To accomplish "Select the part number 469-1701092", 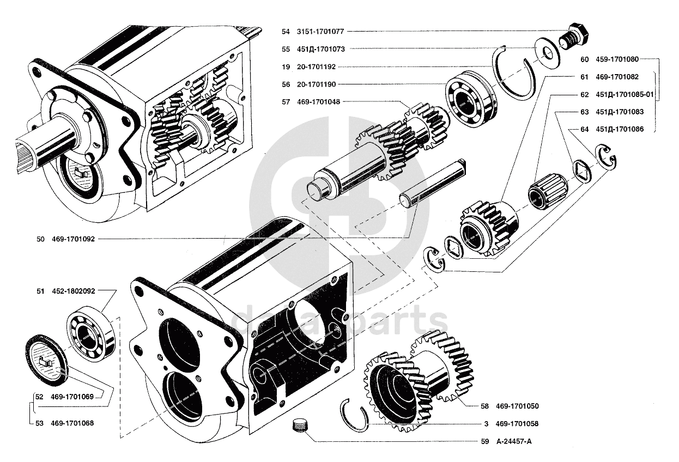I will click(x=73, y=239).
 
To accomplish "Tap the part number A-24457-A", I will click(x=513, y=441).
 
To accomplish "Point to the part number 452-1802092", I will click(x=73, y=291).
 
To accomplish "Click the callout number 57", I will click(x=286, y=102).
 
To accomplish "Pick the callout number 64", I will click(x=585, y=129).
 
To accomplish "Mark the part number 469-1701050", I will click(x=517, y=406).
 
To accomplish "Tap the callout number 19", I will click(x=286, y=67).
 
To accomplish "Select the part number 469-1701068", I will click(x=72, y=423).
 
